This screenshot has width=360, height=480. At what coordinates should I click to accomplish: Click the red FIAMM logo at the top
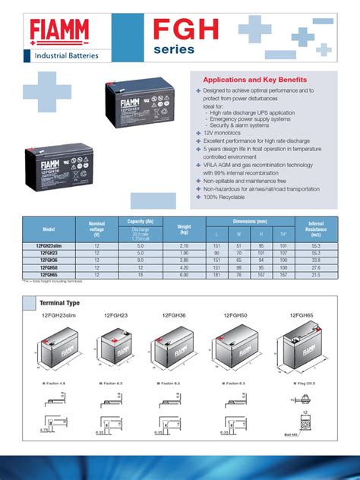click(x=65, y=32)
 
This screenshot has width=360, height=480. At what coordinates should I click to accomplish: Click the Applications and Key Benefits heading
click(x=254, y=80)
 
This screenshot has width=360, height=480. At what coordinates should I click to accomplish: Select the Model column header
click(x=49, y=229)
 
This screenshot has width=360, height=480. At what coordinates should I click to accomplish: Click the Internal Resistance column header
click(x=316, y=228)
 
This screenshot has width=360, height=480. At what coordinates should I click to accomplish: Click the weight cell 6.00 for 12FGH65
click(x=183, y=275)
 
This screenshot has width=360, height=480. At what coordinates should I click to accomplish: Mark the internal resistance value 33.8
click(x=316, y=261)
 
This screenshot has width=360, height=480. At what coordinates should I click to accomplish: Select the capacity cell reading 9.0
click(x=140, y=261)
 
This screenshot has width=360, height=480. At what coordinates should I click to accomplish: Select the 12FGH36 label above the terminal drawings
click(x=176, y=314)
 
